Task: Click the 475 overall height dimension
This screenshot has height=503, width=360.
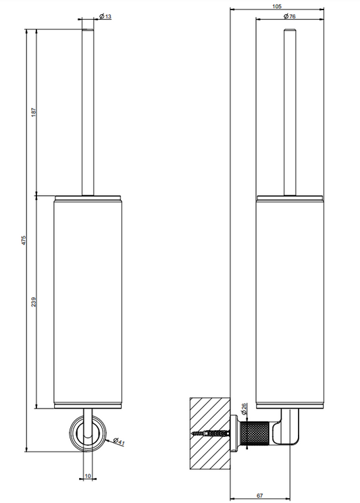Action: (24, 240)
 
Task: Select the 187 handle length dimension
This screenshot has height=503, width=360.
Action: (34, 112)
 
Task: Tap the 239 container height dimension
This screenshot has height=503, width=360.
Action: (34, 302)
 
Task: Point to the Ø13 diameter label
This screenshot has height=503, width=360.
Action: (105, 16)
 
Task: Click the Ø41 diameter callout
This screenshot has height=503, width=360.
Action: (119, 442)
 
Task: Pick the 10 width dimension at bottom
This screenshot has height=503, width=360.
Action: (88, 476)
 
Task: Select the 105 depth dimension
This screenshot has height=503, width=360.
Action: (277, 7)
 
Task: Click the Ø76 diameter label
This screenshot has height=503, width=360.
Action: (289, 16)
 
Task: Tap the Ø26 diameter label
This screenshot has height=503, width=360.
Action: (244, 408)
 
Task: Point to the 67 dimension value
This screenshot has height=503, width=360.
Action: (260, 496)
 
